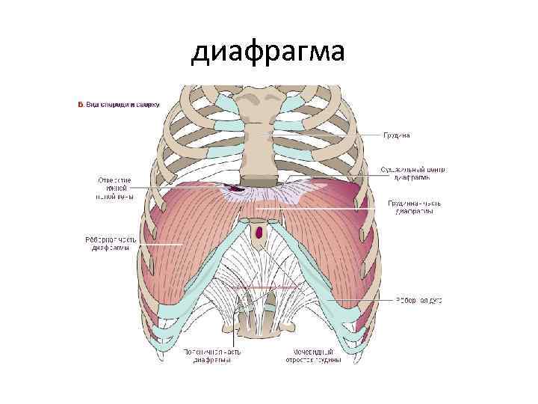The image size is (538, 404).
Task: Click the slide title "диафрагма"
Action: pos(268,52)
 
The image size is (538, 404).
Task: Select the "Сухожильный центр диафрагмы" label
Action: pos(414,174)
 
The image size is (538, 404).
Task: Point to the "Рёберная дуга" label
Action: pos(419,300)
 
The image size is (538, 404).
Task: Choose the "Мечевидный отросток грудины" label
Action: pos(313,355)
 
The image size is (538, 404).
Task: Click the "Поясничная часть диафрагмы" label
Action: pos(213,355)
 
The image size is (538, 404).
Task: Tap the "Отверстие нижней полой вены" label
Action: pos(115,188)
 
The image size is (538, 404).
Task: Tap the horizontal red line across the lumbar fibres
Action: pos(258,287)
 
